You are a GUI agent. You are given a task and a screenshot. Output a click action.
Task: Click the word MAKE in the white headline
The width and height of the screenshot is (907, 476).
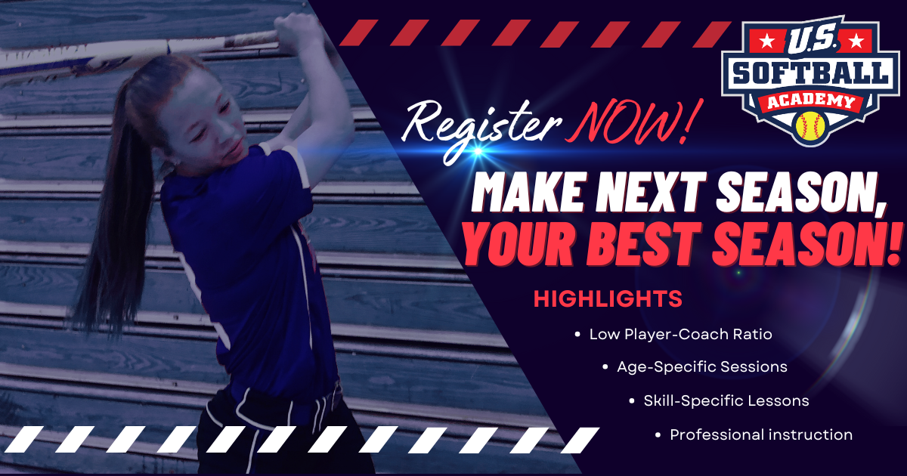528,193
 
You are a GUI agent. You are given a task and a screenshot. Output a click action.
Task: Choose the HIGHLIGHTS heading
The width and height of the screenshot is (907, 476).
608,298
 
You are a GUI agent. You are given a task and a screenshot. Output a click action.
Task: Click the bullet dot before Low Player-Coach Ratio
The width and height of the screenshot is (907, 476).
577,334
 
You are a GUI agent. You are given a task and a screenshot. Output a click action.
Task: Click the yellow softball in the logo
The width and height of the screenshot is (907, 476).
809,125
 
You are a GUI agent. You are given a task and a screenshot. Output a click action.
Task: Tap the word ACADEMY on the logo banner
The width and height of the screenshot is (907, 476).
809,101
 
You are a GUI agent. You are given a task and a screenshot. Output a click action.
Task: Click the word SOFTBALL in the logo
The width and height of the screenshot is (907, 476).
810,73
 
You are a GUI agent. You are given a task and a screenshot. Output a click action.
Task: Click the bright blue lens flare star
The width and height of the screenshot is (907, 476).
478,151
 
